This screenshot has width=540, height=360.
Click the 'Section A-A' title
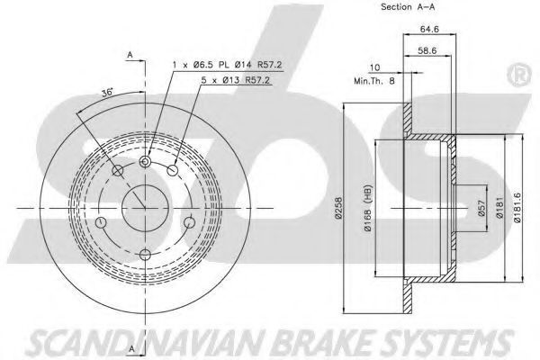(408, 7)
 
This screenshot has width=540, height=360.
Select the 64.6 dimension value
(429, 29)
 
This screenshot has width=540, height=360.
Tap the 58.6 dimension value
(427, 50)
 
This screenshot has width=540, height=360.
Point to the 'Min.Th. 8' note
(374, 81)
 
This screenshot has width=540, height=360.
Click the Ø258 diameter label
(339, 208)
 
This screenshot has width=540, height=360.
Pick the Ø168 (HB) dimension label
(368, 209)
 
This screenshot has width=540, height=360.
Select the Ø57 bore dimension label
(481, 208)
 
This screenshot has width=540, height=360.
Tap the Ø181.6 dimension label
(517, 208)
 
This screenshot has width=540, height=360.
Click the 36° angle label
(107, 93)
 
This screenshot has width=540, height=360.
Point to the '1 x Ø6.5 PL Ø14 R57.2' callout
(228, 65)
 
